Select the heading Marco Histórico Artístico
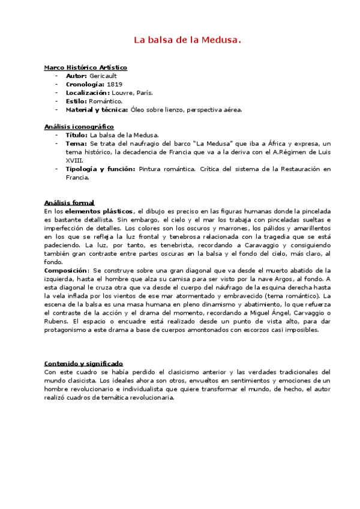click(85, 68)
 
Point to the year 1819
click(114, 85)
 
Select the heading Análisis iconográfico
click(79, 127)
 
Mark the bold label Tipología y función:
click(100, 169)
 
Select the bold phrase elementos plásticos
click(99, 211)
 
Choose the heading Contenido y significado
click(83, 363)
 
